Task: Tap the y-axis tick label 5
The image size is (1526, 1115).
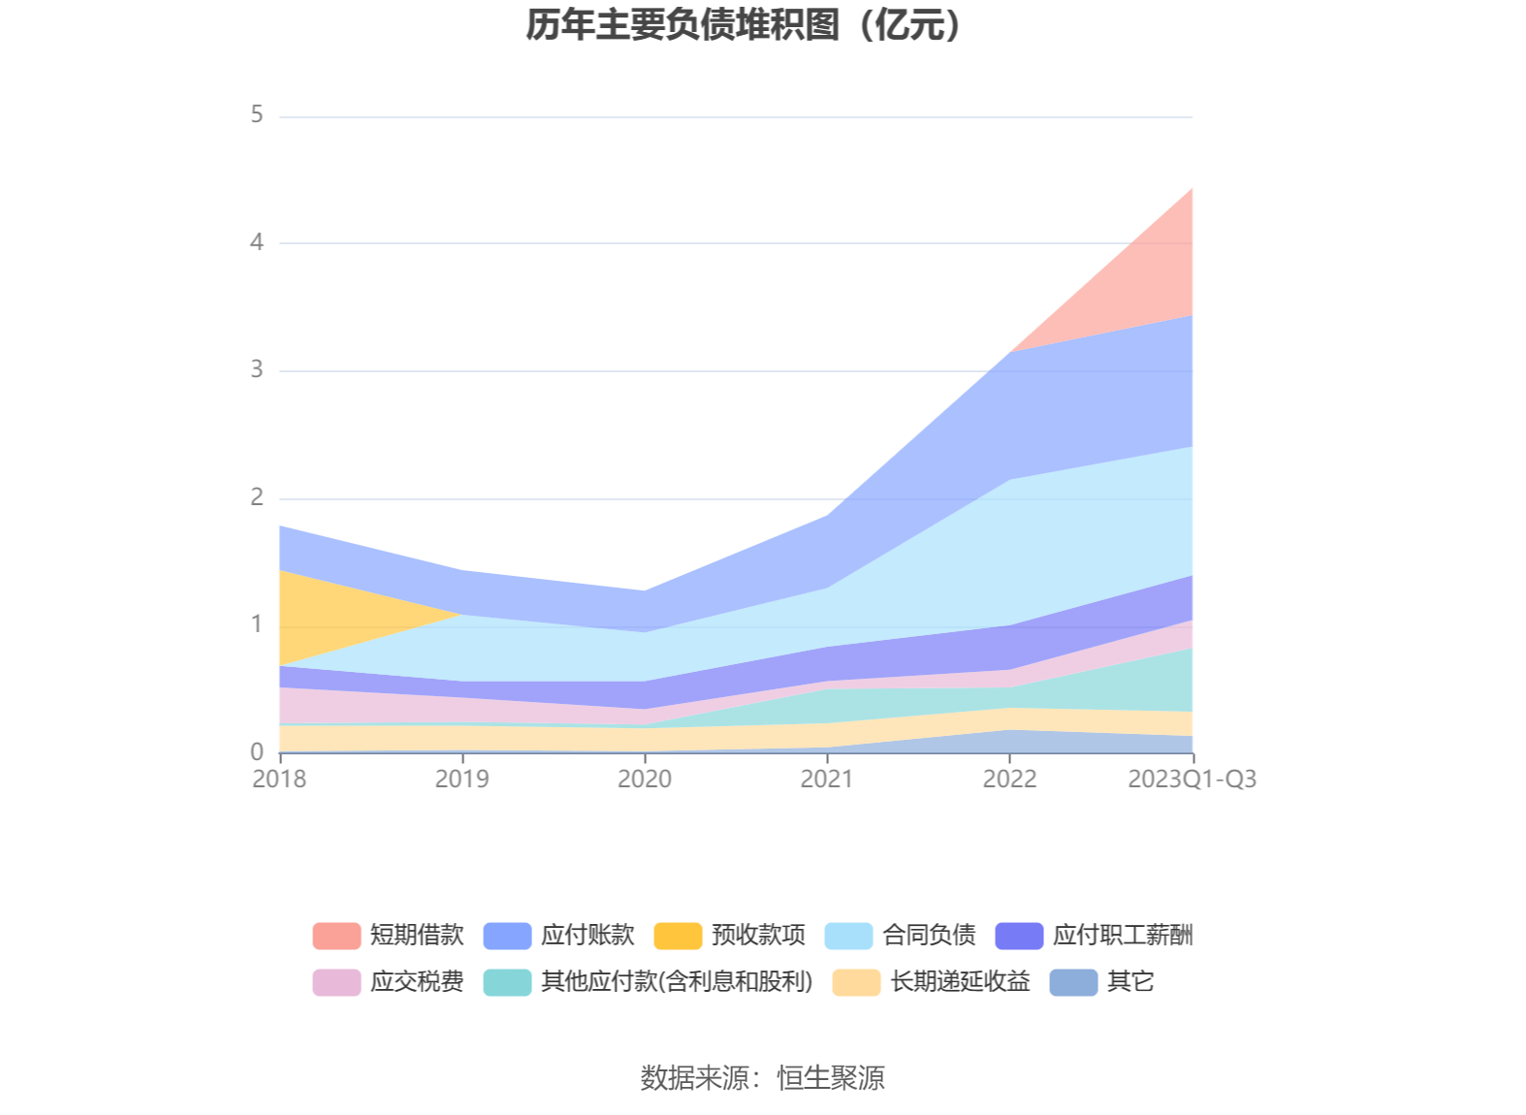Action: click(x=257, y=114)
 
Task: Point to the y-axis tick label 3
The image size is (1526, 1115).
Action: click(x=257, y=369)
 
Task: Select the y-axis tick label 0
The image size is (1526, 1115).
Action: click(x=257, y=751)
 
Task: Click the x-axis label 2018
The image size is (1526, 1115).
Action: click(x=279, y=780)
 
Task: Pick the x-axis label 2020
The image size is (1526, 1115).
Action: click(x=645, y=780)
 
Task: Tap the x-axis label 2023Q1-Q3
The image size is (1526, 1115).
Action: click(x=1192, y=780)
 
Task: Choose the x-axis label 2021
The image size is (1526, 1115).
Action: click(x=827, y=780)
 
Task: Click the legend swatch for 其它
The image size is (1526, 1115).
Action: click(x=1073, y=982)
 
